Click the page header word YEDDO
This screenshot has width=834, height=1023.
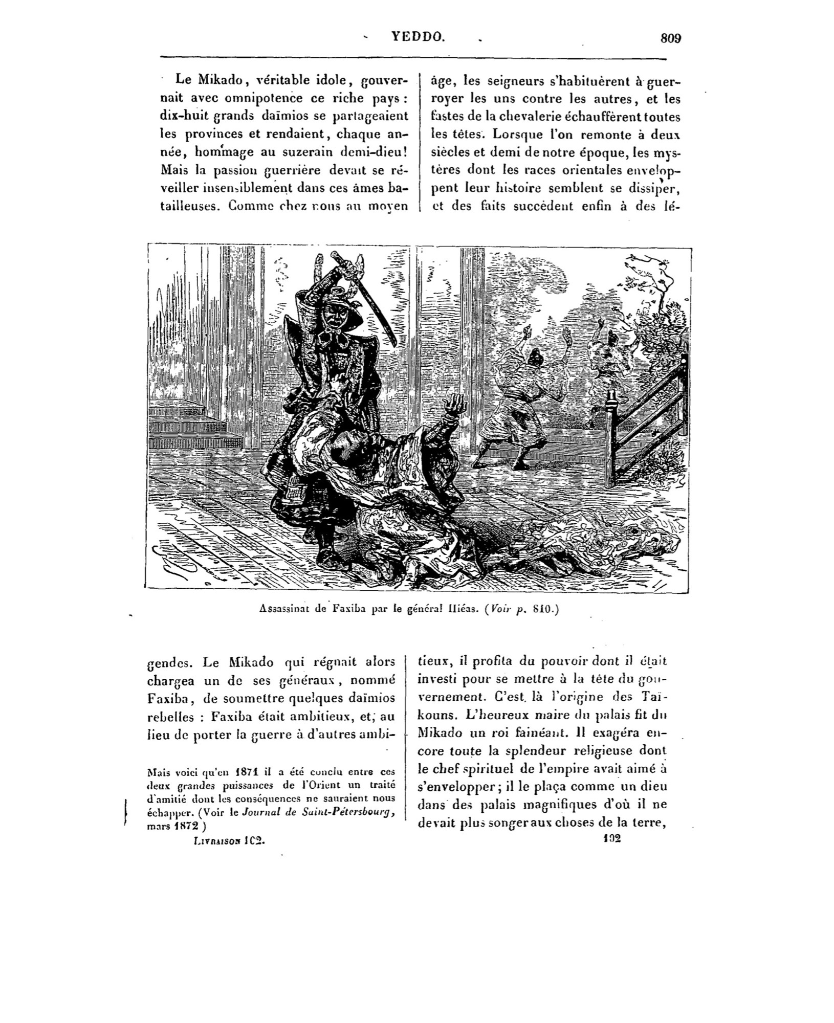(x=418, y=37)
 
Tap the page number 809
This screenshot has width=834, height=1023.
(x=671, y=38)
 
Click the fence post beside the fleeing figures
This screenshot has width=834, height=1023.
(x=610, y=440)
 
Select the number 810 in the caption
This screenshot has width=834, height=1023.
(x=542, y=609)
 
